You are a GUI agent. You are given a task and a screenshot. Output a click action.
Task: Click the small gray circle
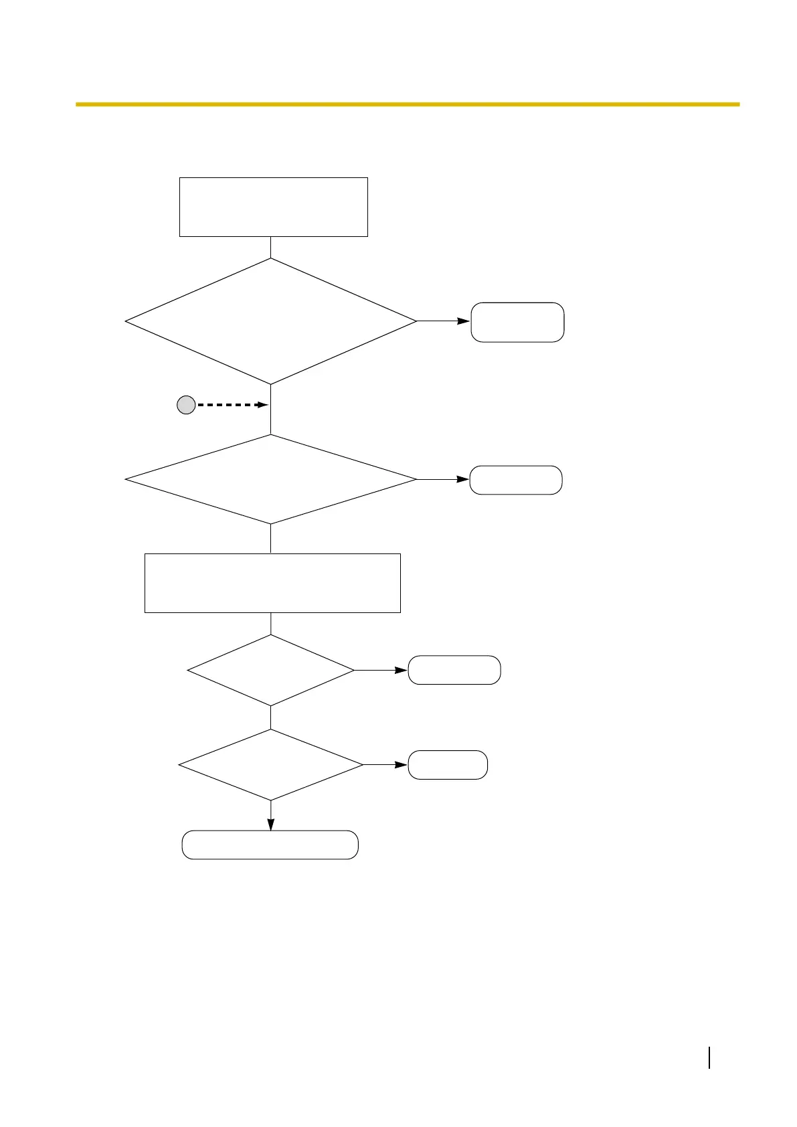[185, 405]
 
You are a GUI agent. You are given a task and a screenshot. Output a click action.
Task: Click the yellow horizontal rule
[407, 104]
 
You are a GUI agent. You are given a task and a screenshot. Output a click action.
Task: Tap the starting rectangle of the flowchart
[273, 207]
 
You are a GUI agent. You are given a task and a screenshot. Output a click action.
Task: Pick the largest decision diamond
[270, 321]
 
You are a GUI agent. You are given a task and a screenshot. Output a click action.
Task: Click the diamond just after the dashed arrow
[270, 479]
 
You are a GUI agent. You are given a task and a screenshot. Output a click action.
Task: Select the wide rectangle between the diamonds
[272, 582]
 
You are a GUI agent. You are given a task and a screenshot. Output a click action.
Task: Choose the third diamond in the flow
[270, 670]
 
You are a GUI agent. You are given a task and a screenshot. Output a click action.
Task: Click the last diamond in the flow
[270, 764]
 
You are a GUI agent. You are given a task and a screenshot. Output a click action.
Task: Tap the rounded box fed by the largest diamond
[517, 322]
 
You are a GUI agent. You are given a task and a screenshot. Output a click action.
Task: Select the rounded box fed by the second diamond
[515, 480]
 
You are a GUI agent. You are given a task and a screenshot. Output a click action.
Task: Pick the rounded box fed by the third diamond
[454, 670]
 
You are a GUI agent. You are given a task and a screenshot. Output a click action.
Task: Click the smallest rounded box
[447, 764]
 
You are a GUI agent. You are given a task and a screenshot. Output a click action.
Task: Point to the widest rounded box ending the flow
[270, 845]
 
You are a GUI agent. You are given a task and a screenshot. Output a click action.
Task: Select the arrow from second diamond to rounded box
[442, 479]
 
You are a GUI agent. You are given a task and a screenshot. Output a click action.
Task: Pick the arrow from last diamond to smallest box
[385, 764]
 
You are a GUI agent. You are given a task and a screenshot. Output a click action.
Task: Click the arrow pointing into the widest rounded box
[270, 816]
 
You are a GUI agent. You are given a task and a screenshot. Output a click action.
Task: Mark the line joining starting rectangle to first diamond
[270, 247]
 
